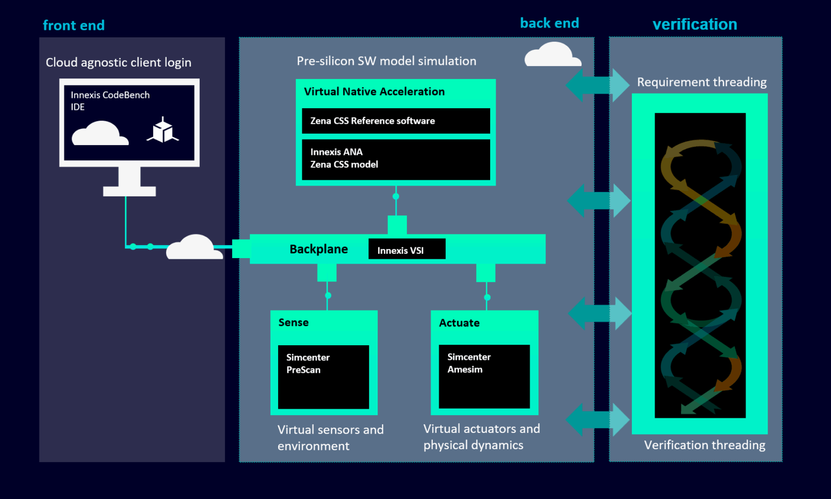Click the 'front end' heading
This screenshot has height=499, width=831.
pos(74,25)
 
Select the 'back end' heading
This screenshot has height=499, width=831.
pos(549,23)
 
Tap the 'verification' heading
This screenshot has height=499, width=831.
pos(695,24)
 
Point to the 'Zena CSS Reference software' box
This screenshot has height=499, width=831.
pos(395,121)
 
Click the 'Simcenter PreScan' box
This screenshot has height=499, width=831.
pos(323,377)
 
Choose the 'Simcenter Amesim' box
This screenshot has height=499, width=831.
pos(484,376)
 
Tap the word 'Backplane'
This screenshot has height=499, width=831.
pos(319,249)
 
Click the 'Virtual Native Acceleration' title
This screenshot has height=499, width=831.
pos(374,91)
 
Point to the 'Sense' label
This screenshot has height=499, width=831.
pos(293,323)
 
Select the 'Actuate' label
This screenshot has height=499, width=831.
pos(459,323)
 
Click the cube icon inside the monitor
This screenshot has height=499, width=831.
pos(162,130)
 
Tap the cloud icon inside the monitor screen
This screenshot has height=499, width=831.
pos(100,134)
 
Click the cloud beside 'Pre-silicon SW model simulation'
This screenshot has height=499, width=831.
pos(552,55)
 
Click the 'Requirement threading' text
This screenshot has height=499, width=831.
pos(701,82)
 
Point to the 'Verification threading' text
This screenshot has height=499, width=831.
pos(704,445)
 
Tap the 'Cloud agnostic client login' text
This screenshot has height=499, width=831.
pos(118,62)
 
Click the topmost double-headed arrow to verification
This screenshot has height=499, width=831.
pos(597,85)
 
